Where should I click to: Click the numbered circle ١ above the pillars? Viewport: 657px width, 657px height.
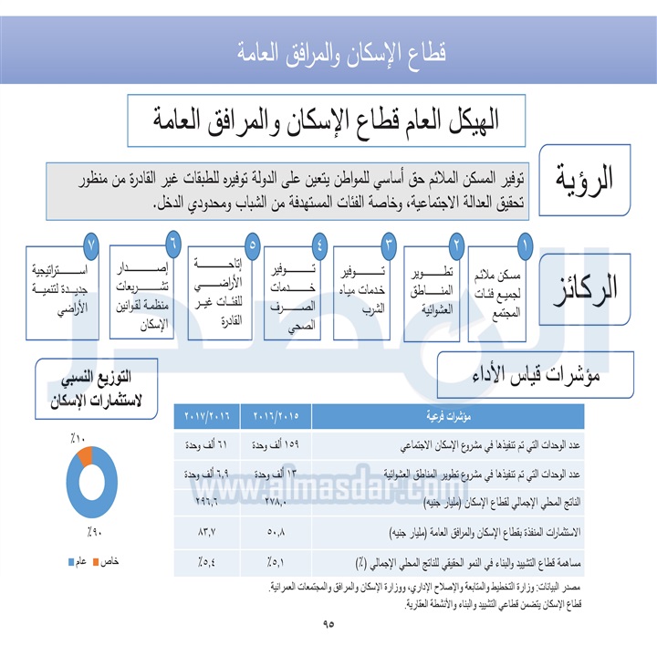point(525,245)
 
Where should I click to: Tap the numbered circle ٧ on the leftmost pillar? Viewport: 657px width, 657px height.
point(90,245)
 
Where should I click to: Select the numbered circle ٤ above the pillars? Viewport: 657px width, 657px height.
point(319,245)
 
